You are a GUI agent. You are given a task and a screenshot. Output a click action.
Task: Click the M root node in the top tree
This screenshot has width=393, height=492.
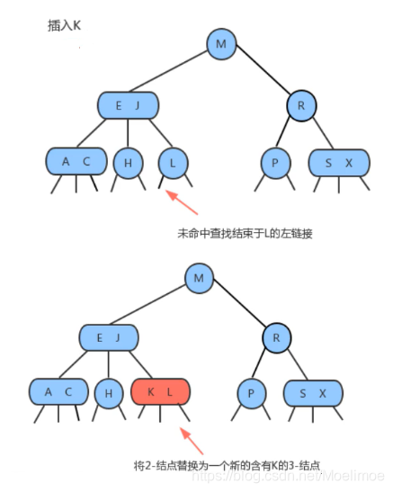tap(220, 42)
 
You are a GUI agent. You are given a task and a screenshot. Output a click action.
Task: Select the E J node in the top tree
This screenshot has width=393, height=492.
tap(129, 106)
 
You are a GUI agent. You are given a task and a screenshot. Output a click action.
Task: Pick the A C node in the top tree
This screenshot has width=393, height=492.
tap(76, 162)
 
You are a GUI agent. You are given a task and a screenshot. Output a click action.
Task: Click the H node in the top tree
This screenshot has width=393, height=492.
tap(128, 162)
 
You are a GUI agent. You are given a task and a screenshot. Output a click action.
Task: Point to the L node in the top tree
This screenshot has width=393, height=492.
tap(172, 162)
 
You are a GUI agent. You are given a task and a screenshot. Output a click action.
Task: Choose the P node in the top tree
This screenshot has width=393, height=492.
tap(274, 162)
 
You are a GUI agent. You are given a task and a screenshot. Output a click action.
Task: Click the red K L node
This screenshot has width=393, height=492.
tap(163, 393)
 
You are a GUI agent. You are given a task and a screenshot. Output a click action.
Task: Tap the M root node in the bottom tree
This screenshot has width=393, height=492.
tap(199, 277)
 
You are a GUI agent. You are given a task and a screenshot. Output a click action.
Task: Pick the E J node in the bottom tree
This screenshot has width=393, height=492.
tap(108, 338)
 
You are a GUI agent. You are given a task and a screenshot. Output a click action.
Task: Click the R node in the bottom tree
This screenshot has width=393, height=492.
tap(276, 338)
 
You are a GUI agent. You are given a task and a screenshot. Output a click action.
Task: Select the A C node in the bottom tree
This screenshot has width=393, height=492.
tap(57, 393)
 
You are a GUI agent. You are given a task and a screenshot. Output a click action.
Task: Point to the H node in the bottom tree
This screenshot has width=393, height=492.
tap(109, 393)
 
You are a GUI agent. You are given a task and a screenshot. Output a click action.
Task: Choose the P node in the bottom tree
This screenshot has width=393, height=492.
tap(251, 393)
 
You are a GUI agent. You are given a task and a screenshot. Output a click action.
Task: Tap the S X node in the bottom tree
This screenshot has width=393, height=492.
tap(311, 393)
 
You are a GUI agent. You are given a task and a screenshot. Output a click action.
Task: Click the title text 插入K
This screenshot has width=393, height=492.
tap(65, 26)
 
